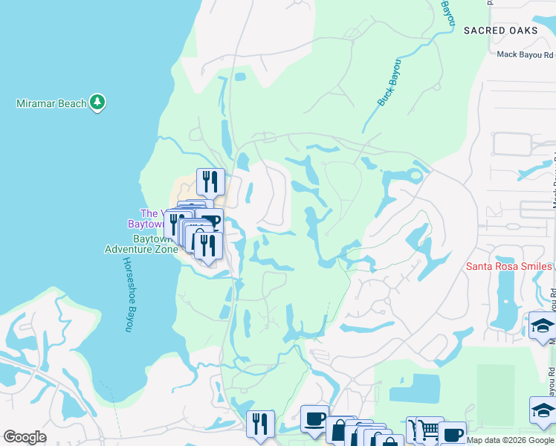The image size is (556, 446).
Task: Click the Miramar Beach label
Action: point(51,103)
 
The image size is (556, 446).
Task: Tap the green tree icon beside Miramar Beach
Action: point(97,103)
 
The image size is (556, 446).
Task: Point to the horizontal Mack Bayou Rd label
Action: point(525,54)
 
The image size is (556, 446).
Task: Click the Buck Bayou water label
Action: point(389,83)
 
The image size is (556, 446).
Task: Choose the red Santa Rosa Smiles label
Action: point(509,266)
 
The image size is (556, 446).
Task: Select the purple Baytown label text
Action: point(146,224)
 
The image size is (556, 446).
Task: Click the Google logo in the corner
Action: point(25,437)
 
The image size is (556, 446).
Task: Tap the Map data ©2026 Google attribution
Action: point(510,440)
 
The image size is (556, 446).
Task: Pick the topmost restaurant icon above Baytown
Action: point(210,181)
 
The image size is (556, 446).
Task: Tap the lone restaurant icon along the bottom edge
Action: point(260,423)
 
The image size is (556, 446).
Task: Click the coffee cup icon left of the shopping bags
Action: point(314,418)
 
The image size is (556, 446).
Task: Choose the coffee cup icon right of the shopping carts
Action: point(452,433)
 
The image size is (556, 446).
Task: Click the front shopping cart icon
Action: point(430,430)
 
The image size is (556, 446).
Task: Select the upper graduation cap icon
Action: point(543,326)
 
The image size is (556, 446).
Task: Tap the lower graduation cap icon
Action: point(543,410)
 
